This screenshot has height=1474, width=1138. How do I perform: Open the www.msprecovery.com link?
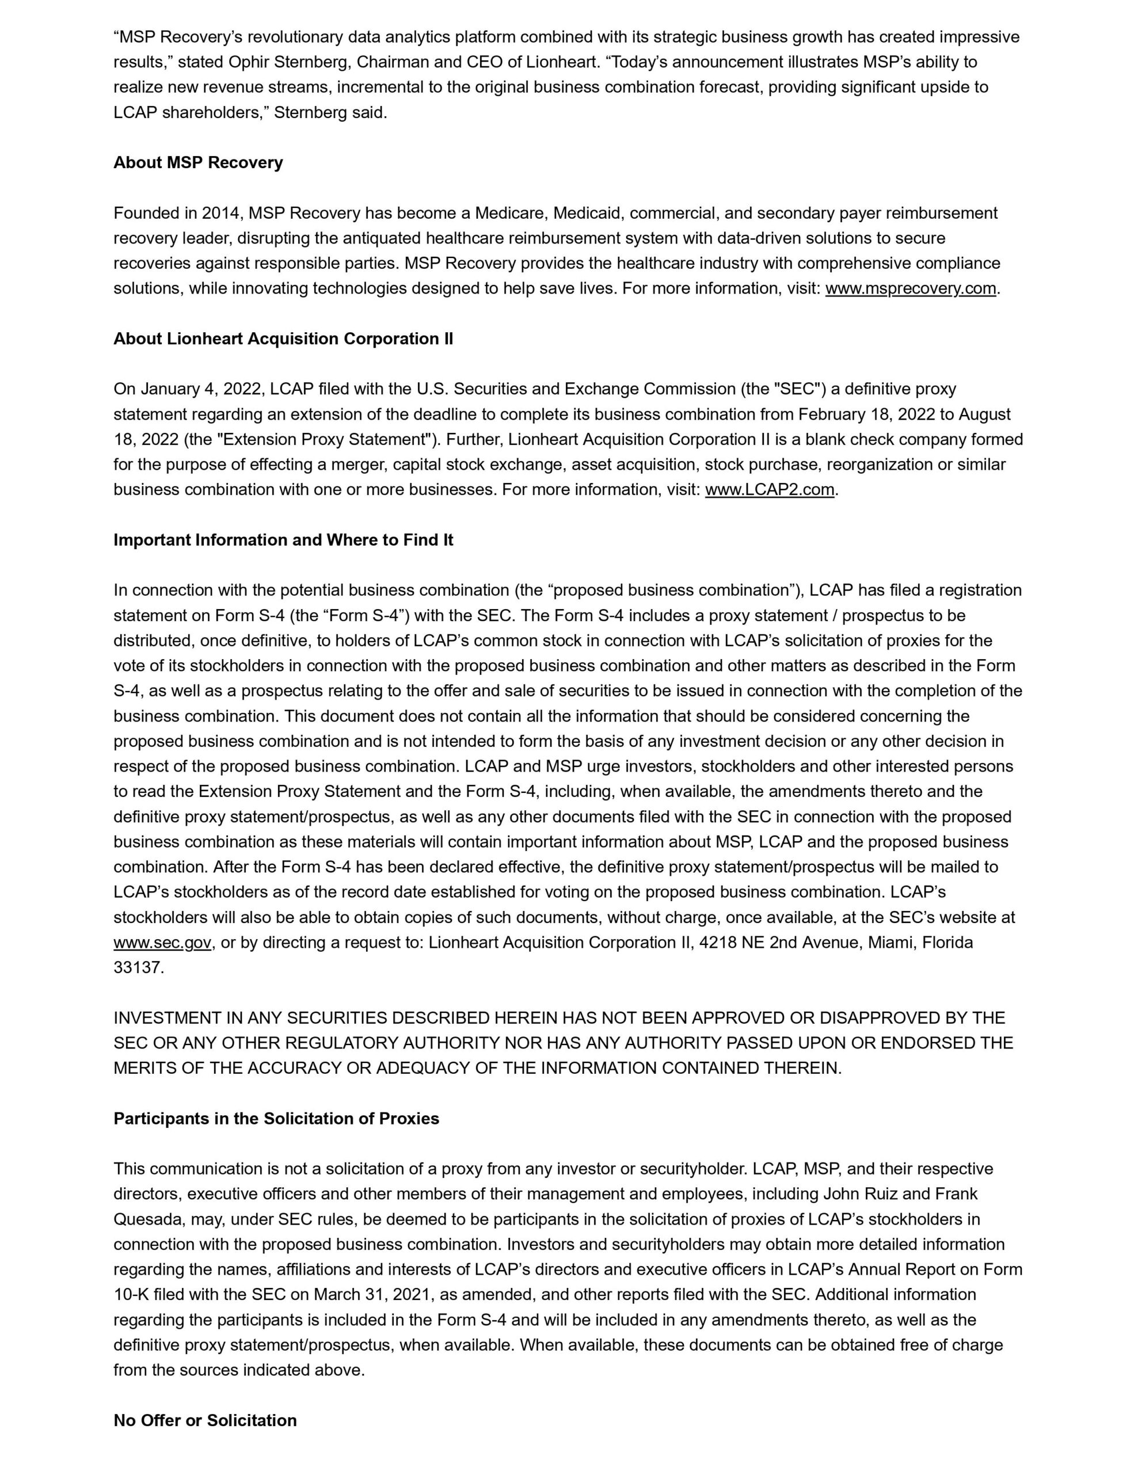point(910,288)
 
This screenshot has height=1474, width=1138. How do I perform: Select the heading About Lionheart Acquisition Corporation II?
point(283,339)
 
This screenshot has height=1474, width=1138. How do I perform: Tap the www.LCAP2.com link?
point(769,489)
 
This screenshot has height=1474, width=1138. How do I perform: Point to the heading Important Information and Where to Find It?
point(283,540)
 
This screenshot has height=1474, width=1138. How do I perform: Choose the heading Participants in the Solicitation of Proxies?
point(276,1118)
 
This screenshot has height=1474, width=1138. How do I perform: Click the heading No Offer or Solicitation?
point(204,1420)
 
